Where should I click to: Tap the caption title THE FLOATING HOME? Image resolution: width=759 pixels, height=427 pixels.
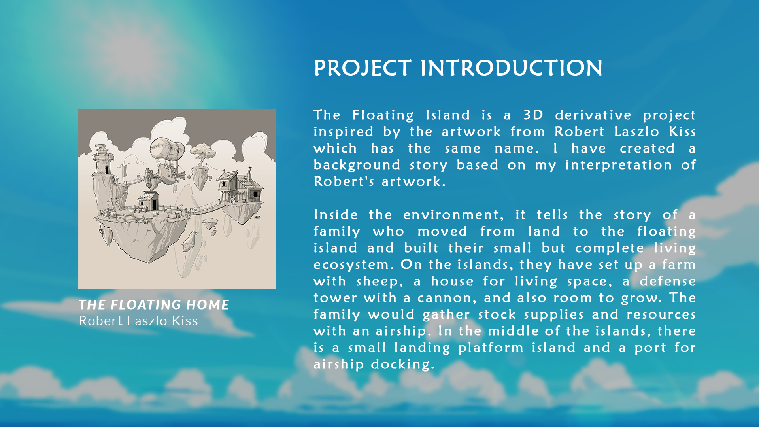[x=154, y=304]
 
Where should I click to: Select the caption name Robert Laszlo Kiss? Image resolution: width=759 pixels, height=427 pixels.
[x=138, y=321]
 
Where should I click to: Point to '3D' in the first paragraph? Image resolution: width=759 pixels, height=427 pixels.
[x=533, y=115]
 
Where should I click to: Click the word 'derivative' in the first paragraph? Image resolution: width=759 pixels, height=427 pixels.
[x=593, y=115]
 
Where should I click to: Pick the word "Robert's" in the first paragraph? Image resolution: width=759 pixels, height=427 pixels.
[x=344, y=181]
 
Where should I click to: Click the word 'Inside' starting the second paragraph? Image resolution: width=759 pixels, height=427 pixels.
[x=336, y=215]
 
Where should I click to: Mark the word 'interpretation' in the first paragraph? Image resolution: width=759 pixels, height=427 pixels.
[x=618, y=165]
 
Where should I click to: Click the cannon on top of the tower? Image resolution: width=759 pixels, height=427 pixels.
[x=101, y=147]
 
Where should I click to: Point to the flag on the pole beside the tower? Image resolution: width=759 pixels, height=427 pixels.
[x=125, y=170]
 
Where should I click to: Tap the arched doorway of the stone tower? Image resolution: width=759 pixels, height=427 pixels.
[x=107, y=170]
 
